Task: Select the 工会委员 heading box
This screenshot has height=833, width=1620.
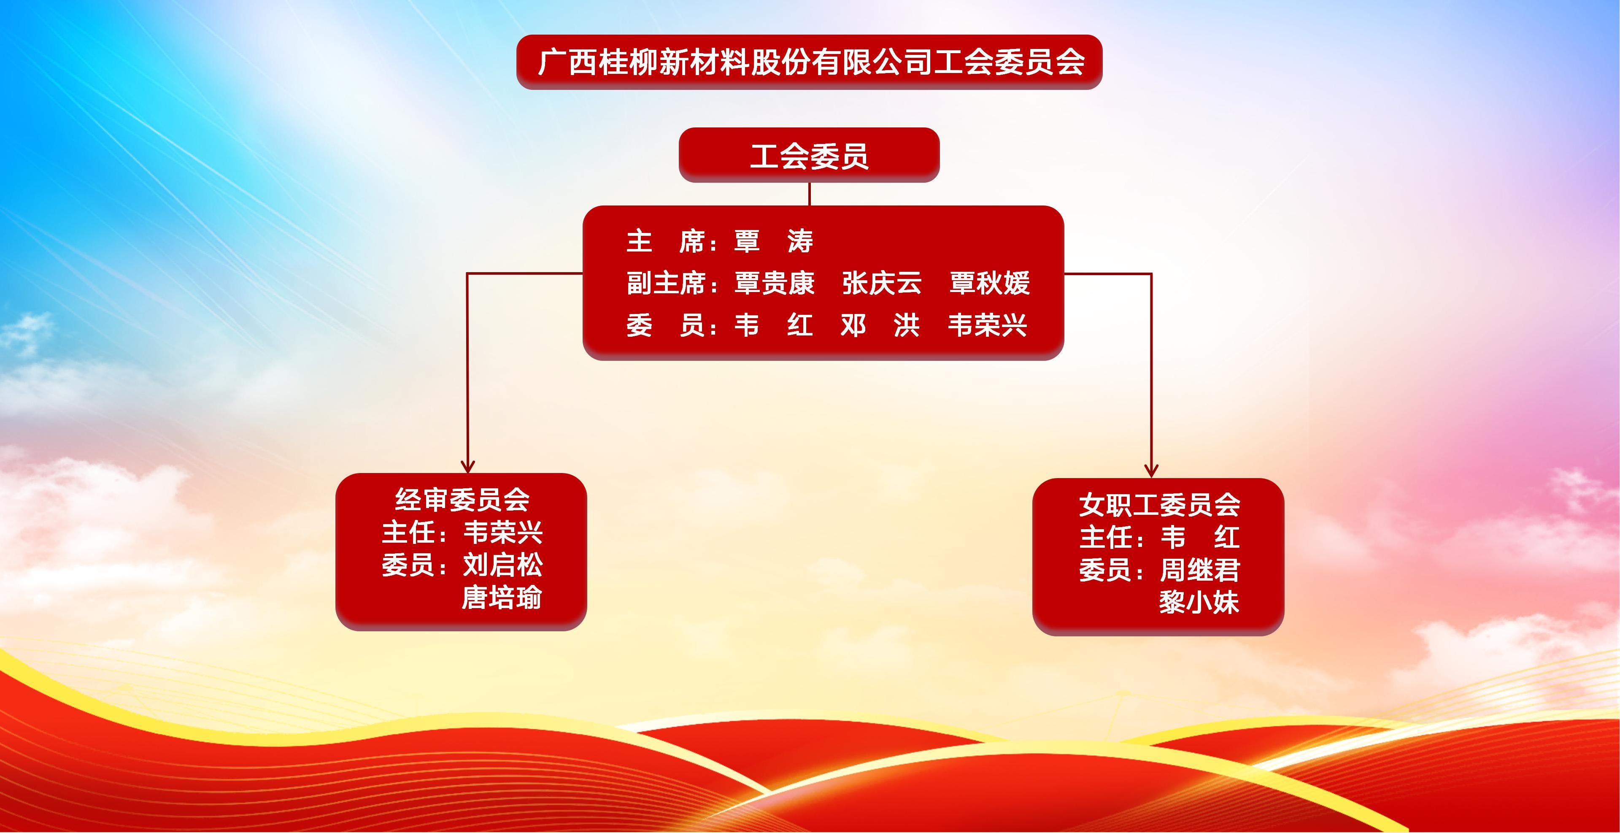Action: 810,155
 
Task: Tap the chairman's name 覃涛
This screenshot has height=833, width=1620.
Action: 774,241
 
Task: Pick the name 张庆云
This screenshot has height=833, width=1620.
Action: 882,283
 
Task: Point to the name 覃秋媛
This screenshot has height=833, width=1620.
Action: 989,283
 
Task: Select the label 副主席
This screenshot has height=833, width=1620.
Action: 666,283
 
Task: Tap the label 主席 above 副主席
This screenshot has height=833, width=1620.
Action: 666,241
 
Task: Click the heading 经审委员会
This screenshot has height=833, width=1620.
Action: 462,500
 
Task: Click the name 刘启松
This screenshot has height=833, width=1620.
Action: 502,565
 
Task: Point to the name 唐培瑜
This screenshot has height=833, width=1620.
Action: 502,598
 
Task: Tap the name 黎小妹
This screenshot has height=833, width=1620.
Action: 1199,603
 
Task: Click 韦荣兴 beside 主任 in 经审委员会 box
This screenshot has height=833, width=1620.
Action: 502,532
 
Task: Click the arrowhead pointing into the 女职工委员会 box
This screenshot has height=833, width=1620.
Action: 1151,471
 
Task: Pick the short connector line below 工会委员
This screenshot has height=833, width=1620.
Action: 810,194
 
